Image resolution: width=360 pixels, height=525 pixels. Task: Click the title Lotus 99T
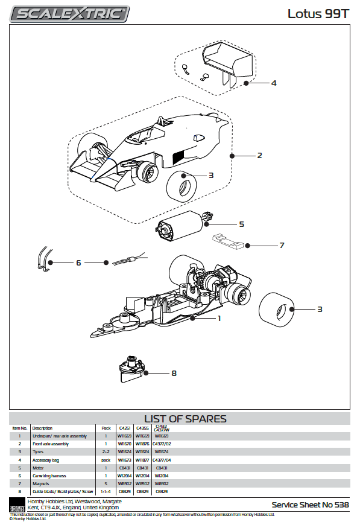[x=314, y=13]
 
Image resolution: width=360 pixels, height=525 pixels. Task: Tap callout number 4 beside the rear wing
[x=273, y=83]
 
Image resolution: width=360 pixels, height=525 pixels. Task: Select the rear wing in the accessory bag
[x=227, y=60]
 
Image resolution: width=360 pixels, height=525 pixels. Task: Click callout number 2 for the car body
[x=259, y=155]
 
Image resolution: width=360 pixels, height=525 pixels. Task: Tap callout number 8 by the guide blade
[x=174, y=373]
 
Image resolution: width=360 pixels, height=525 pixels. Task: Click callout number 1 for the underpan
[x=219, y=318]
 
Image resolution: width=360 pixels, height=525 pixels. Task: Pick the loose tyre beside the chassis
[x=276, y=308]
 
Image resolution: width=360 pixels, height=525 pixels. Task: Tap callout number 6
[x=78, y=262]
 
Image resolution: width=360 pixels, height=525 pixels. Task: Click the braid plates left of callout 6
[x=42, y=257]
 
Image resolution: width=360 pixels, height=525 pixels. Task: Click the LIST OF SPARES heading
[x=185, y=419]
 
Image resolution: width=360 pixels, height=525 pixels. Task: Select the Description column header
[x=42, y=428]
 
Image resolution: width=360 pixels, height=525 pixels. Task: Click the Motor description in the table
[x=39, y=468]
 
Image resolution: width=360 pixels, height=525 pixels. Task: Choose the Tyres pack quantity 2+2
[x=106, y=451]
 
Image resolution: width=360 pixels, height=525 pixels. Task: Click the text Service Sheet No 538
[x=309, y=504]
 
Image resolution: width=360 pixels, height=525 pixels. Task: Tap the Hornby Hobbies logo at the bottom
[x=16, y=504]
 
